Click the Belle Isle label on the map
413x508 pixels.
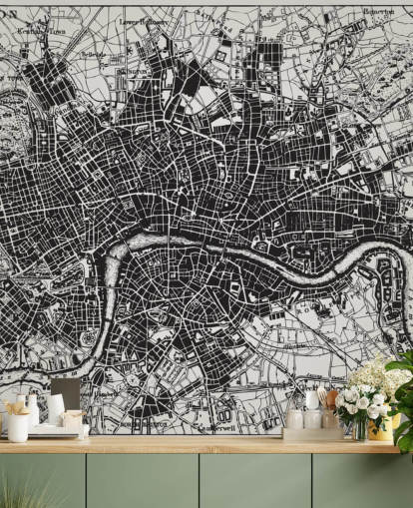[x=93, y=54]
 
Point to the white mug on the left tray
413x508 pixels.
[x=19, y=427]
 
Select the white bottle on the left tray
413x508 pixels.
[x=33, y=409]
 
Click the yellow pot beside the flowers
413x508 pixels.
[x=381, y=429]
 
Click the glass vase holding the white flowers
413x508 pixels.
[x=359, y=428]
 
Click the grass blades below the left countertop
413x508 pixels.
[x=25, y=494]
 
